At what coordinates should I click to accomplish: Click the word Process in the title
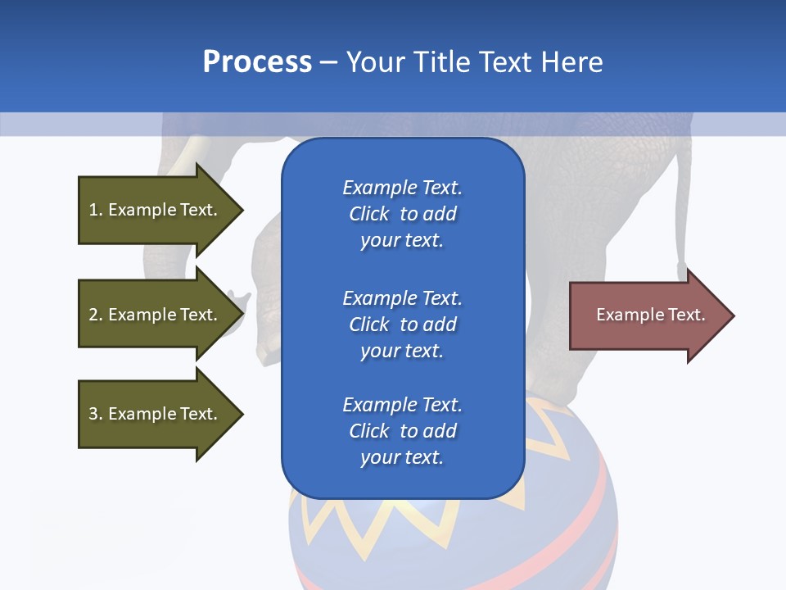pos(257,62)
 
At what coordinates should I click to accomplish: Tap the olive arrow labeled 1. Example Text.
pos(152,210)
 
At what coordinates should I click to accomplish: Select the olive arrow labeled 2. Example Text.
pos(152,315)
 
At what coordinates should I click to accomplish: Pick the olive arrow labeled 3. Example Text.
pos(152,414)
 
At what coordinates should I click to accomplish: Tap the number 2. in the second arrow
pos(96,315)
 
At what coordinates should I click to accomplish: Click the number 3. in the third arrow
pos(96,414)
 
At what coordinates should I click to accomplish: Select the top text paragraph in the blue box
pos(402,214)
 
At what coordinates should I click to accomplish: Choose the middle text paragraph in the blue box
pos(402,324)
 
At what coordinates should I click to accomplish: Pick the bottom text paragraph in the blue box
pos(402,431)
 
